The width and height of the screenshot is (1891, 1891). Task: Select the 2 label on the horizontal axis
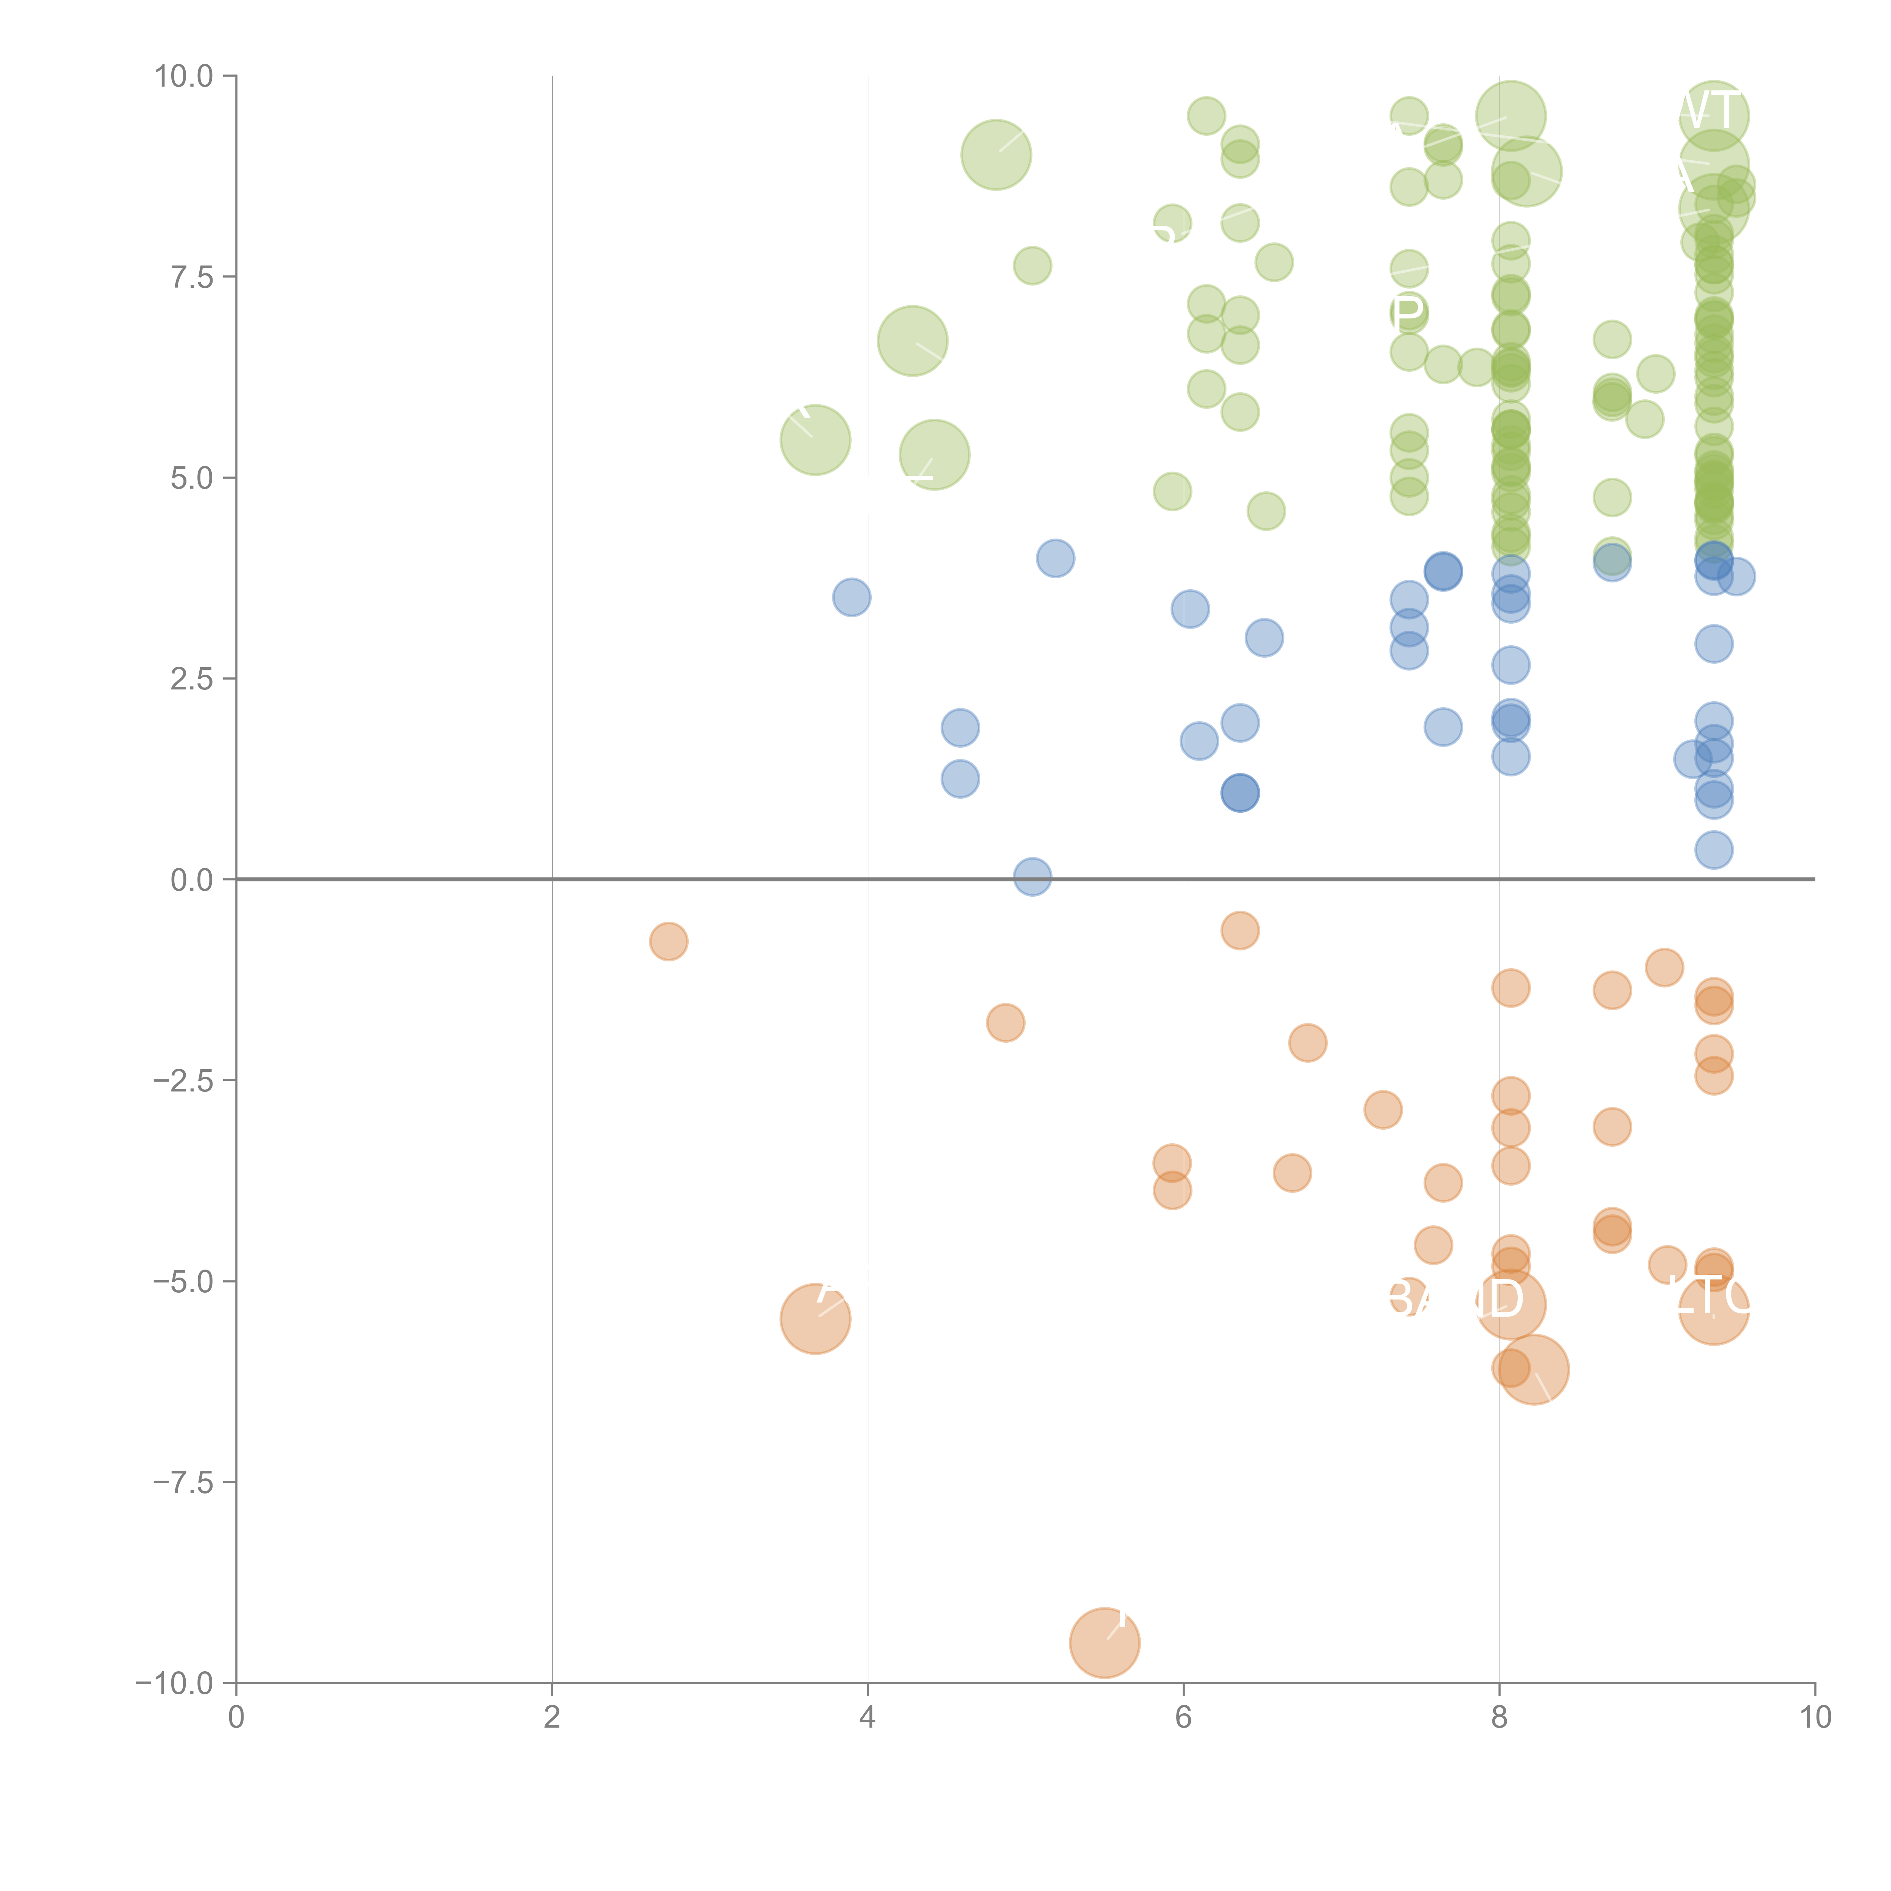point(552,1718)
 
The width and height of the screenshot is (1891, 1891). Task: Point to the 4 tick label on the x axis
point(867,1718)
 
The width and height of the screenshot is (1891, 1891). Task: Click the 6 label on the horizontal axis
point(1183,1718)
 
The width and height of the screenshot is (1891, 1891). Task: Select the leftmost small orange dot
point(669,942)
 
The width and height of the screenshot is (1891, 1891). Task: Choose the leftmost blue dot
point(852,597)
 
